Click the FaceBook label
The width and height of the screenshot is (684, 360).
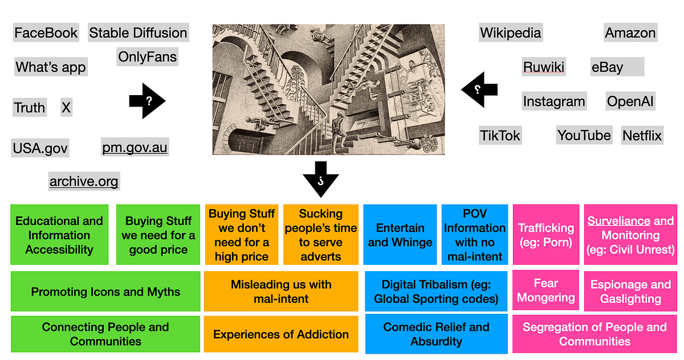point(46,32)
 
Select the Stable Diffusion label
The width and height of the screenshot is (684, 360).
point(138,32)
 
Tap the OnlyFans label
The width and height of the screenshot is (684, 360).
point(147,57)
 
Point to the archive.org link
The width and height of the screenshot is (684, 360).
point(84,182)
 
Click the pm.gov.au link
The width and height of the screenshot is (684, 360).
point(135,148)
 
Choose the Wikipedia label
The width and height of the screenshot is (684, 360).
point(510,32)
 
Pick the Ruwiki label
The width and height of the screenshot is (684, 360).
point(544,67)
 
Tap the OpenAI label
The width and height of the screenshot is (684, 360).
point(630,102)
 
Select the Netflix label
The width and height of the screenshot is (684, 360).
point(642,136)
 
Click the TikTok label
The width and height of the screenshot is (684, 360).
point(500,136)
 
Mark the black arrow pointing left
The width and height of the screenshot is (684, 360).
point(479,89)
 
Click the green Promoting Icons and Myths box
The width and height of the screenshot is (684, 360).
point(105,292)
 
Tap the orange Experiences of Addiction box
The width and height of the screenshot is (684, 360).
point(280,334)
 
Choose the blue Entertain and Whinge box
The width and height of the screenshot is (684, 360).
point(400,235)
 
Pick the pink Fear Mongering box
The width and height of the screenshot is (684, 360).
point(546,291)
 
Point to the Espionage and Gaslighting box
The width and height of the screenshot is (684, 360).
point(630,292)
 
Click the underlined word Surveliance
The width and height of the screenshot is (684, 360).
point(619,221)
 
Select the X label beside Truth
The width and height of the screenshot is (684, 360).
point(66,107)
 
